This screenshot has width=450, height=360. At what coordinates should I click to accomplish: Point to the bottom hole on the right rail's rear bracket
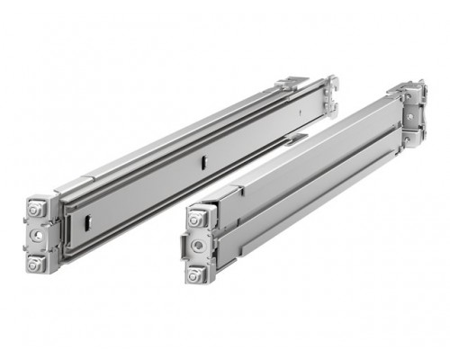tap(412, 136)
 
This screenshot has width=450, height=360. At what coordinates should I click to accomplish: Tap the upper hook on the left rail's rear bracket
tap(331, 85)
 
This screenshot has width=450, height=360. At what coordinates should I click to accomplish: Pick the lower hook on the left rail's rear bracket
tap(332, 110)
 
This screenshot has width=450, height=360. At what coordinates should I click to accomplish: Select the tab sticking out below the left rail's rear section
tap(294, 138)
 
